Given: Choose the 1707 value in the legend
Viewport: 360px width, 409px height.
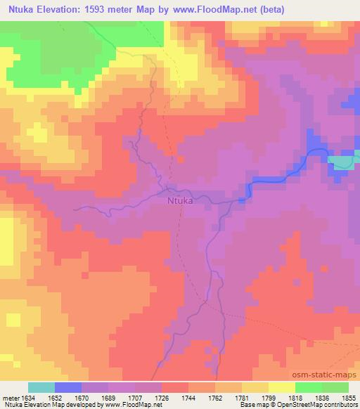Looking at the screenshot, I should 136,397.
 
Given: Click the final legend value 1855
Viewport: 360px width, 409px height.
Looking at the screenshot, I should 348,397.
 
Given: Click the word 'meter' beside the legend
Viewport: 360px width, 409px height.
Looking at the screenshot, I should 10,397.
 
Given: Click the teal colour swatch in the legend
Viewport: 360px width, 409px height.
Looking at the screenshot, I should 41,387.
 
